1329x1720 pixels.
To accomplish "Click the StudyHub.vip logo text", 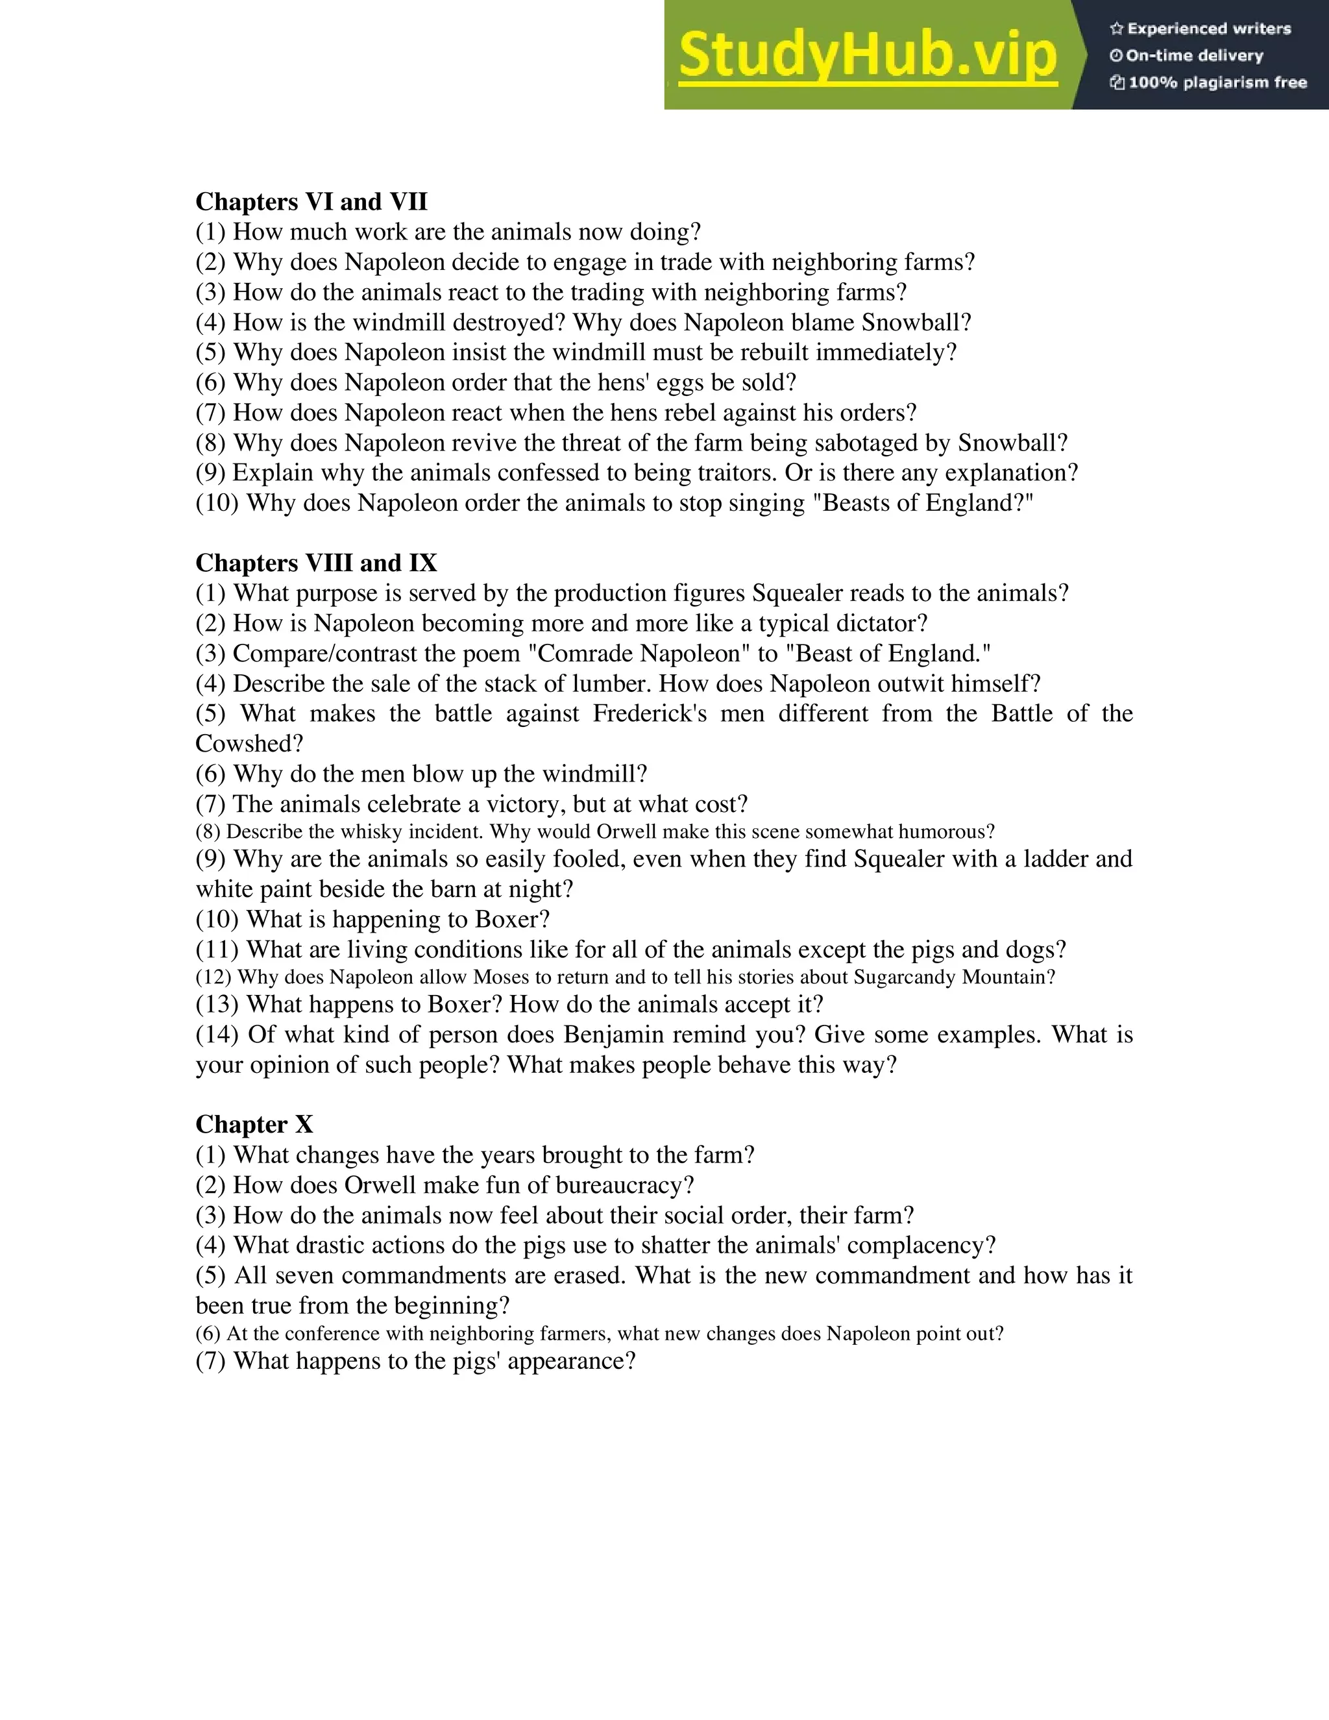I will click(x=867, y=55).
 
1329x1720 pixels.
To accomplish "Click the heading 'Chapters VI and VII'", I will click(x=311, y=203).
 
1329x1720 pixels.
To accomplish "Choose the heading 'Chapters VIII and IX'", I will click(x=316, y=563).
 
